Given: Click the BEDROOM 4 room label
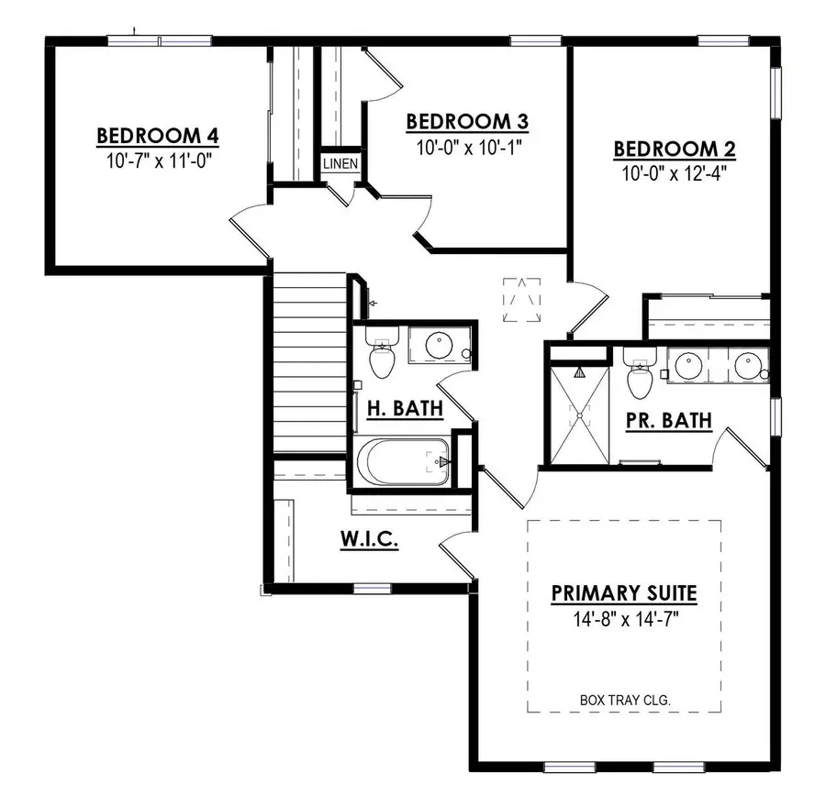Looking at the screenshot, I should pyautogui.click(x=158, y=136).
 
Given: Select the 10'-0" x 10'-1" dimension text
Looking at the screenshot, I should pyautogui.click(x=468, y=144).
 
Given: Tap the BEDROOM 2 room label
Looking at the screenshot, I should pyautogui.click(x=675, y=149).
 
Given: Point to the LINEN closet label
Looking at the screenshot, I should pyautogui.click(x=340, y=163).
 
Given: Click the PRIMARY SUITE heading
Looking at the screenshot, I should pyautogui.click(x=623, y=593).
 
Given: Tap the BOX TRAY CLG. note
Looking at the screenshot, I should pyautogui.click(x=625, y=700).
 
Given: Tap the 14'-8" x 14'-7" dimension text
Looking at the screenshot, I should pyautogui.click(x=623, y=620).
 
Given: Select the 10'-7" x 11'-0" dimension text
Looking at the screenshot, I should pyautogui.click(x=158, y=160).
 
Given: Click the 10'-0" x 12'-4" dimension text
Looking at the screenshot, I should pyautogui.click(x=675, y=171).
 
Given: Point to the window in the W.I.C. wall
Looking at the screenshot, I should pyautogui.click(x=372, y=588).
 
